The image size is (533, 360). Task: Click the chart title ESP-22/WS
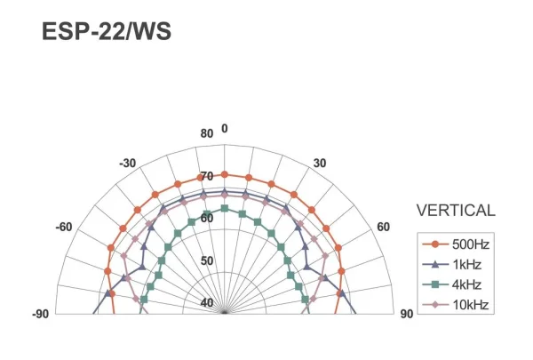coord(107,31)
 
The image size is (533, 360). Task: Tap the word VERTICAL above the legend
coord(456,211)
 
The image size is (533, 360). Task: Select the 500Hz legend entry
coord(456,244)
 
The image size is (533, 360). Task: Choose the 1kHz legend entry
coord(452,264)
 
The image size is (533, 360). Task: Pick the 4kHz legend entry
coord(452,284)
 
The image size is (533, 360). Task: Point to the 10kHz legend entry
coord(456,305)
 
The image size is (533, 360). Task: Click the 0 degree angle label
coord(225,128)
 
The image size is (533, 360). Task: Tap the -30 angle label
coord(127,164)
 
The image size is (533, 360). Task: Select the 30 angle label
coord(320,164)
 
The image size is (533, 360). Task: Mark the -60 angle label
coord(64,227)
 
